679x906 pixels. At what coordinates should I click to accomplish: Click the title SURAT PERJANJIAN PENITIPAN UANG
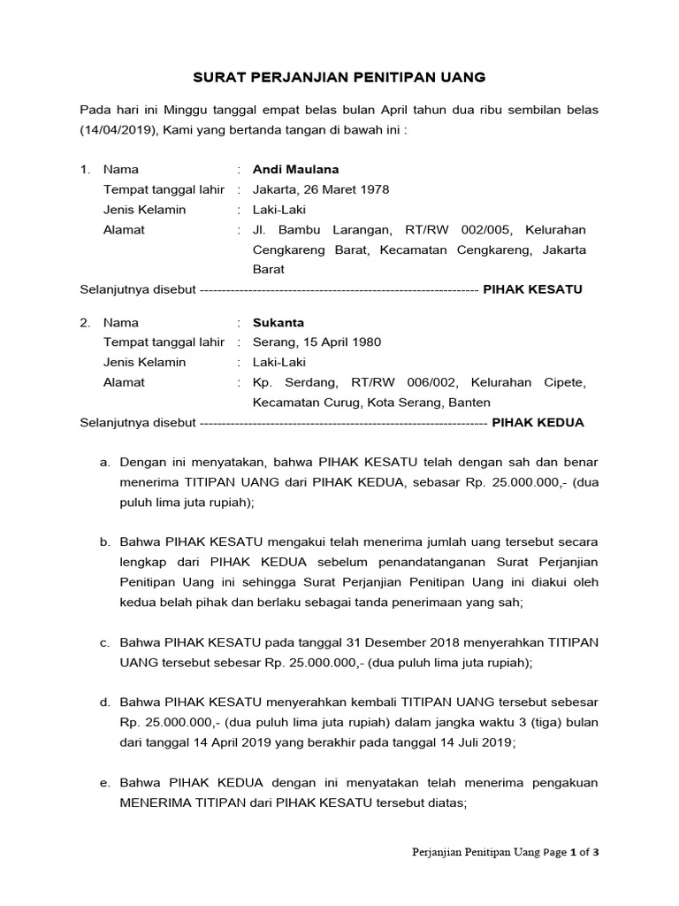tap(339, 77)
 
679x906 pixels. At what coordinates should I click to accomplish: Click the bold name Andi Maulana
tap(295, 169)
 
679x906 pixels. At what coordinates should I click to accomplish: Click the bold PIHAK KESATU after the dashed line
tap(532, 289)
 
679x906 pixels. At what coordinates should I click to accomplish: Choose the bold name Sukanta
tap(278, 322)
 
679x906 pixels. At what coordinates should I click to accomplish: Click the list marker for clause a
tap(104, 462)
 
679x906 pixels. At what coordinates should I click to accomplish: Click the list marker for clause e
tap(104, 783)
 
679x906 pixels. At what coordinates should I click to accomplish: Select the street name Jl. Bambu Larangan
tap(310, 229)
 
